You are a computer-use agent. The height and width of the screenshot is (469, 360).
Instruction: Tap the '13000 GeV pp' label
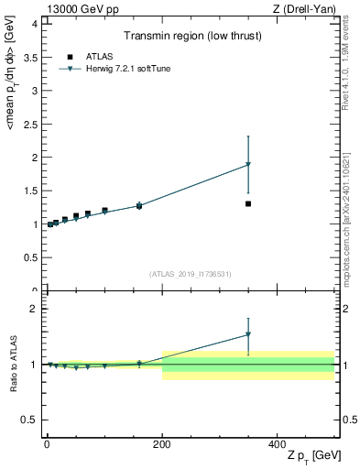tap(77, 9)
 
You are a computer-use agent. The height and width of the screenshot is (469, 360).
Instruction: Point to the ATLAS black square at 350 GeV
tap(248, 203)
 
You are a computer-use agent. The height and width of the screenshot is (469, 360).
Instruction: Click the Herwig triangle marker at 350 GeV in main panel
tap(248, 165)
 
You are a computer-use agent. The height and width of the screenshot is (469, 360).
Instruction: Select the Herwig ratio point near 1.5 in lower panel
tap(248, 335)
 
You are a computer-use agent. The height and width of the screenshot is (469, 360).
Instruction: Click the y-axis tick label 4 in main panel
tap(34, 24)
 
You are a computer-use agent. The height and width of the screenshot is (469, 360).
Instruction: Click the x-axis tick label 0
tap(47, 443)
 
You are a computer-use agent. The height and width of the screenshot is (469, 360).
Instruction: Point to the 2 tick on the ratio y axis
tap(34, 309)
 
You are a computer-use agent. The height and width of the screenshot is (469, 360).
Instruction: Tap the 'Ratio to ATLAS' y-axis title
tap(13, 364)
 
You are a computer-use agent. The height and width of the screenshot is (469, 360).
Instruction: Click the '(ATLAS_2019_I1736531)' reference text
tap(191, 274)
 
